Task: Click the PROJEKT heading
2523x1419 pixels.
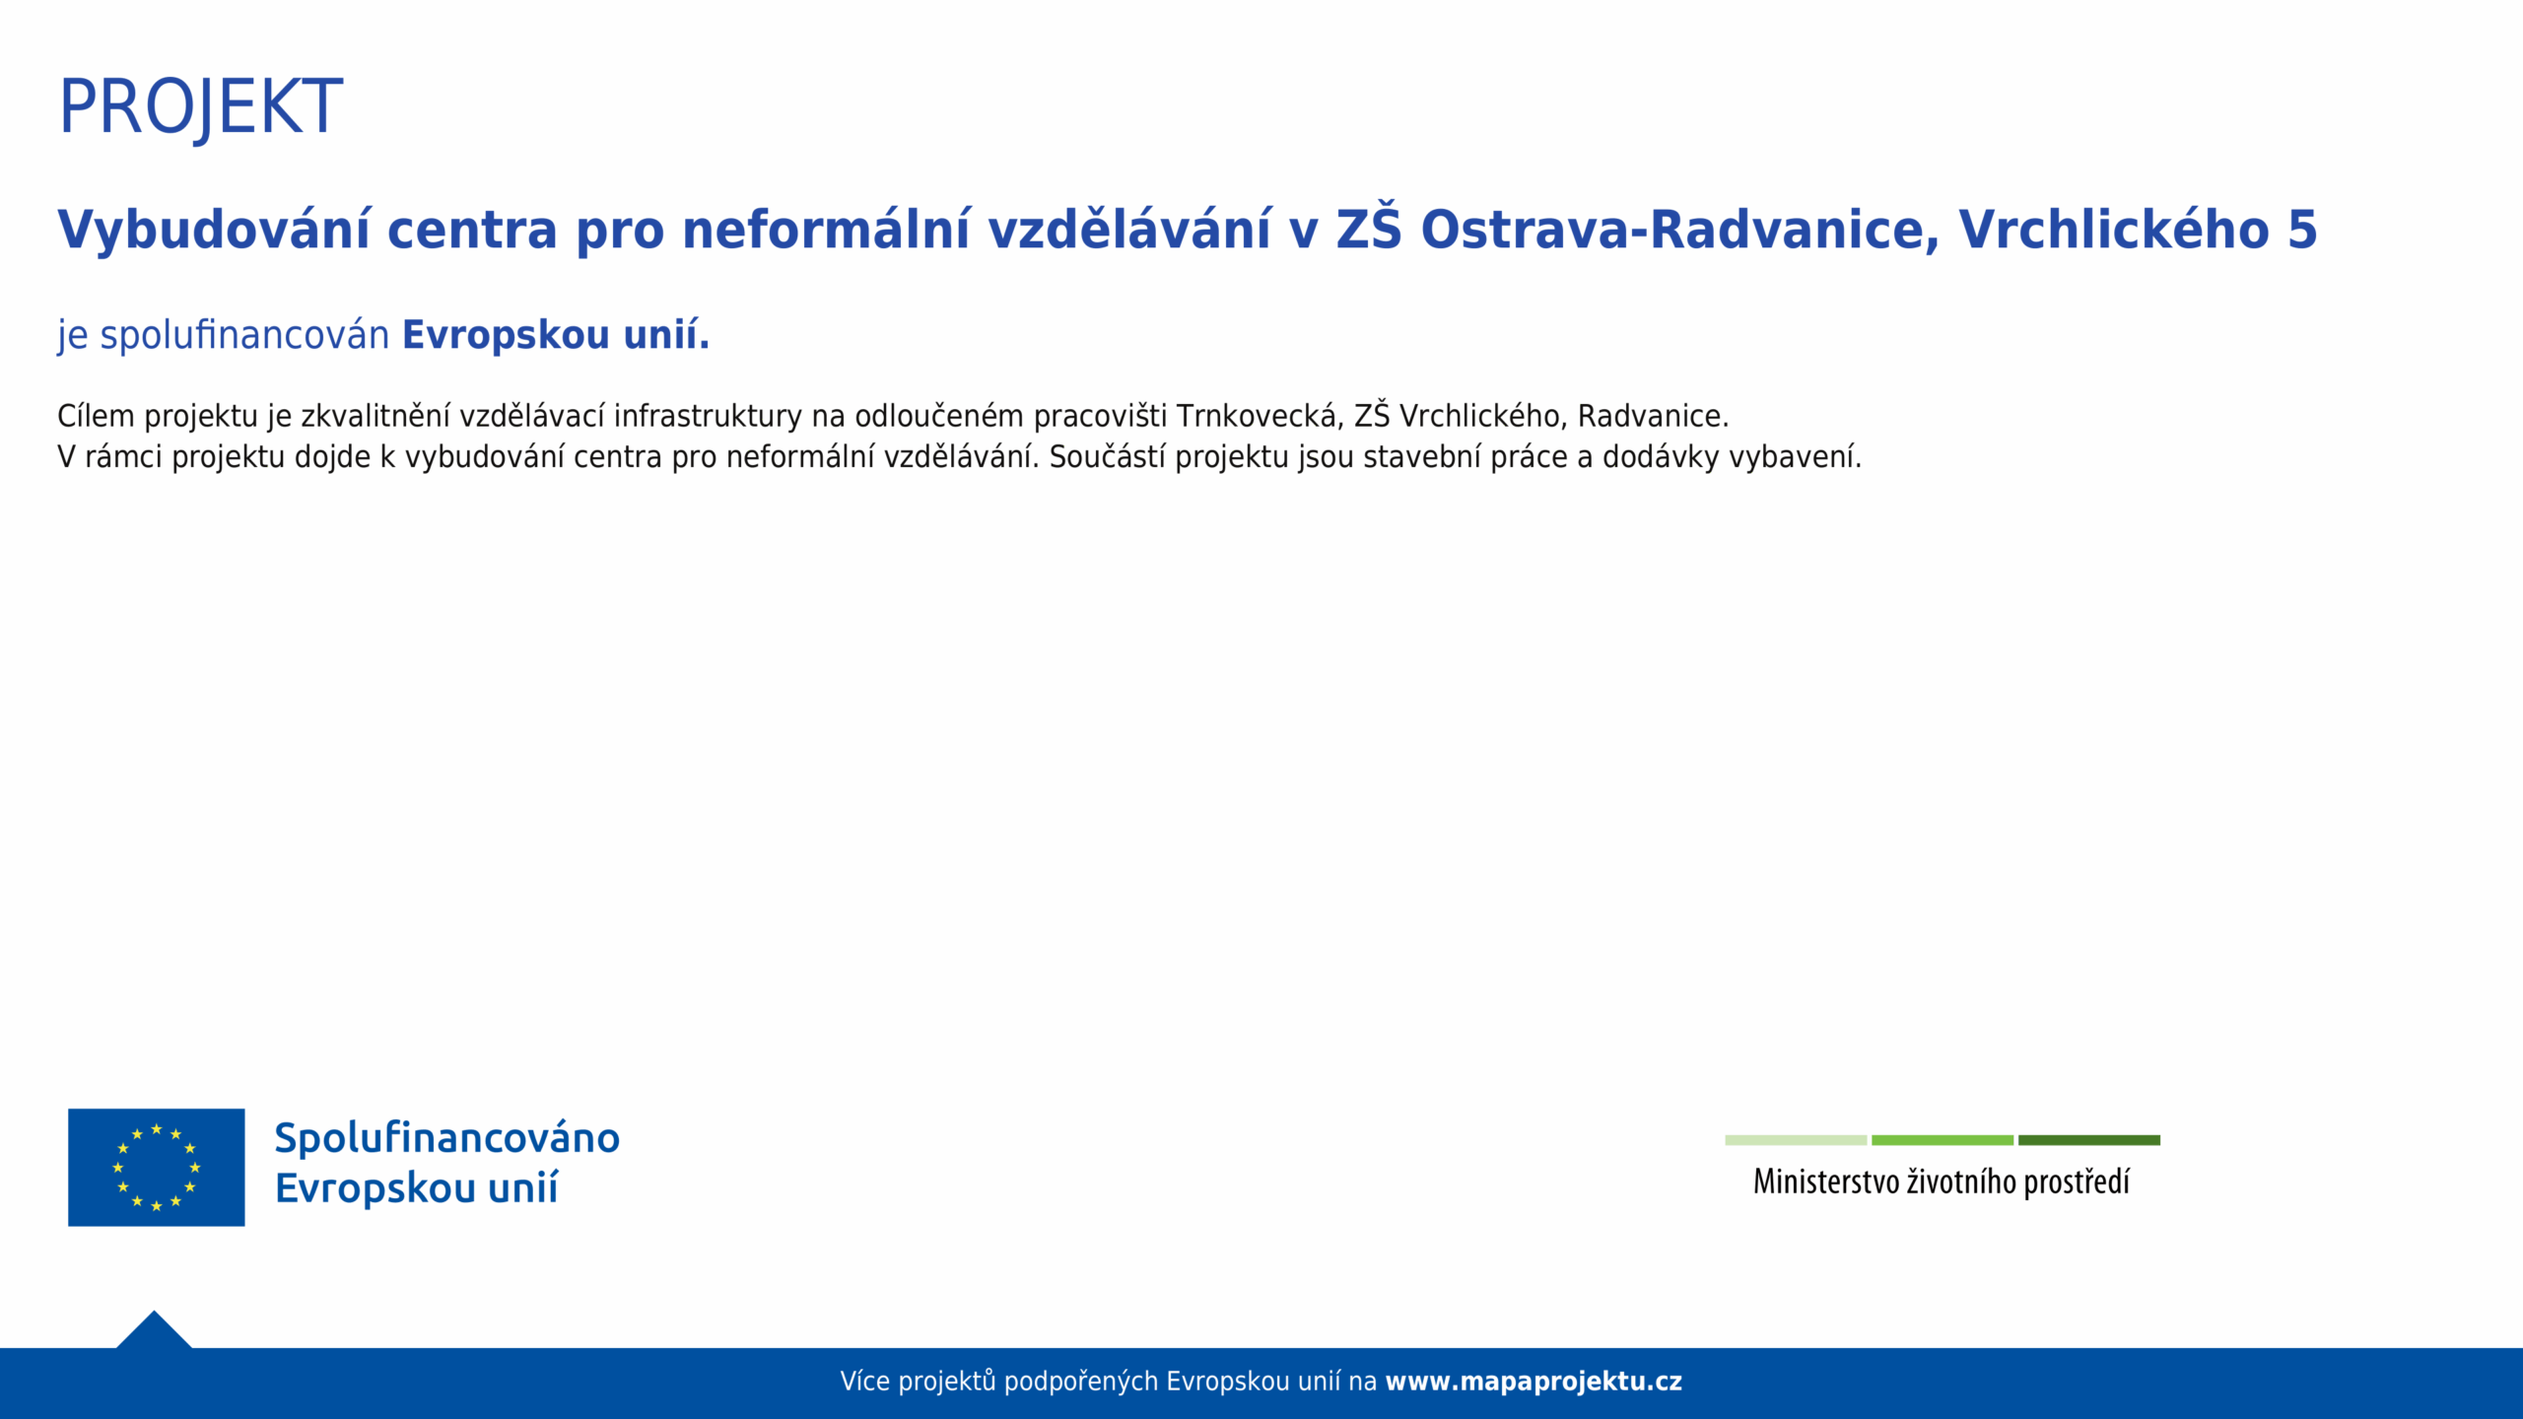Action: point(201,107)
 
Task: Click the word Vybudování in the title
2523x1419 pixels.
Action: point(214,231)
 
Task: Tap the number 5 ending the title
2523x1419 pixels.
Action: point(2302,231)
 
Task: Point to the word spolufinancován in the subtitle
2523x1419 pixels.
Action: point(245,336)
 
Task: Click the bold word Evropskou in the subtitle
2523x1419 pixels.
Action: point(507,336)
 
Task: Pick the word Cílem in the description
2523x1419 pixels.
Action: point(96,416)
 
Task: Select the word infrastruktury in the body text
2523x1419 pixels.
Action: point(708,416)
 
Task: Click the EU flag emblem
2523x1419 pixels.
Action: point(157,1168)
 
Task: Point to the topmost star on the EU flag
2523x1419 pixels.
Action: point(157,1129)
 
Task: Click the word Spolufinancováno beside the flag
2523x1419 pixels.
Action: point(447,1138)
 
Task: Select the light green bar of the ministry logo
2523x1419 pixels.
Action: point(1796,1140)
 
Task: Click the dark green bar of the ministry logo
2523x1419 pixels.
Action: point(2089,1140)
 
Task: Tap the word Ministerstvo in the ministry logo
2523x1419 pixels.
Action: point(1826,1182)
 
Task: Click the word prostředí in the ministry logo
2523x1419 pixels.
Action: point(2077,1182)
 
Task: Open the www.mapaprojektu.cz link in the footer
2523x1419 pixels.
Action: point(1534,1382)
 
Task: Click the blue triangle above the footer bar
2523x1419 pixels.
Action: point(154,1332)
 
